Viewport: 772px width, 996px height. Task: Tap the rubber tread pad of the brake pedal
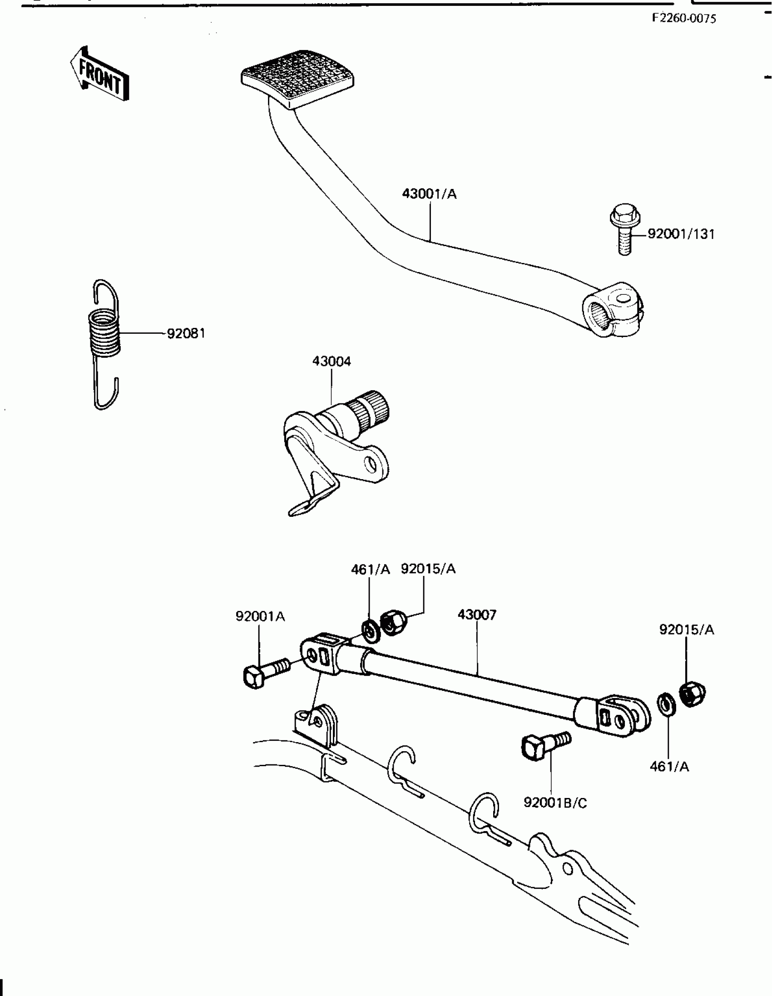click(297, 76)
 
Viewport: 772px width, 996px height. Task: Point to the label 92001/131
click(681, 234)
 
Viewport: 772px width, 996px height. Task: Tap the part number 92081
click(186, 334)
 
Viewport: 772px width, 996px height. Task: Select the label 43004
click(332, 362)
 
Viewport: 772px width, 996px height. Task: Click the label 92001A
click(260, 617)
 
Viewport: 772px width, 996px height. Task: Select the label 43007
click(476, 615)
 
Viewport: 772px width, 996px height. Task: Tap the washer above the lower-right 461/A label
click(667, 704)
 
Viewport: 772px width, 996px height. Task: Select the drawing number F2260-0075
click(683, 18)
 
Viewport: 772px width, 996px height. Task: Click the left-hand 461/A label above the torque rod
click(370, 570)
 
